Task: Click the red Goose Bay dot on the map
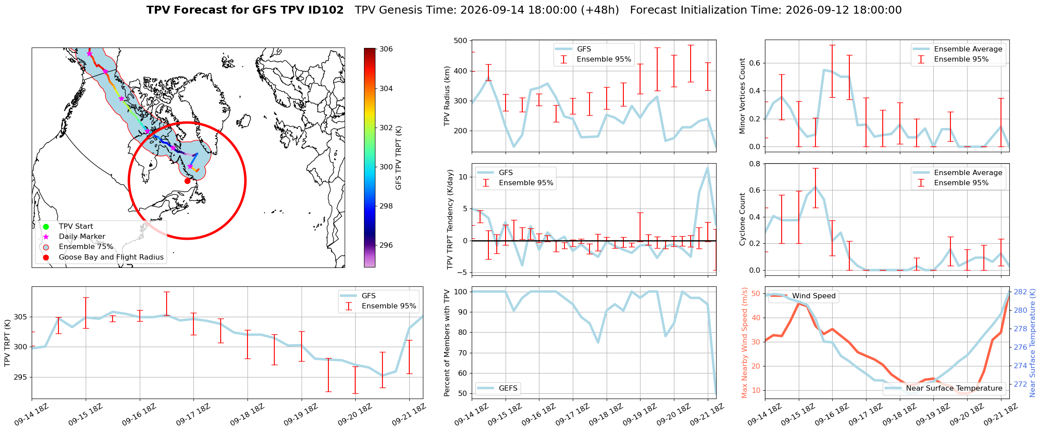coord(187,181)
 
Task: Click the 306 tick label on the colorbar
coord(386,49)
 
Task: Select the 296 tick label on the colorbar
coord(386,245)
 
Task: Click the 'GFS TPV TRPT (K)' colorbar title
coord(399,158)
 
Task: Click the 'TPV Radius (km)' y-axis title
coord(447,96)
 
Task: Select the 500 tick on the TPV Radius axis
coord(461,41)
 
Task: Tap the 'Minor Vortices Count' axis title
coord(743,96)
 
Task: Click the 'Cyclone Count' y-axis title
coord(743,219)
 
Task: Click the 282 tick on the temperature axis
coord(1020,292)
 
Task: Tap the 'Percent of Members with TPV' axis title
coord(447,343)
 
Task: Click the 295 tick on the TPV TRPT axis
coord(21,377)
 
